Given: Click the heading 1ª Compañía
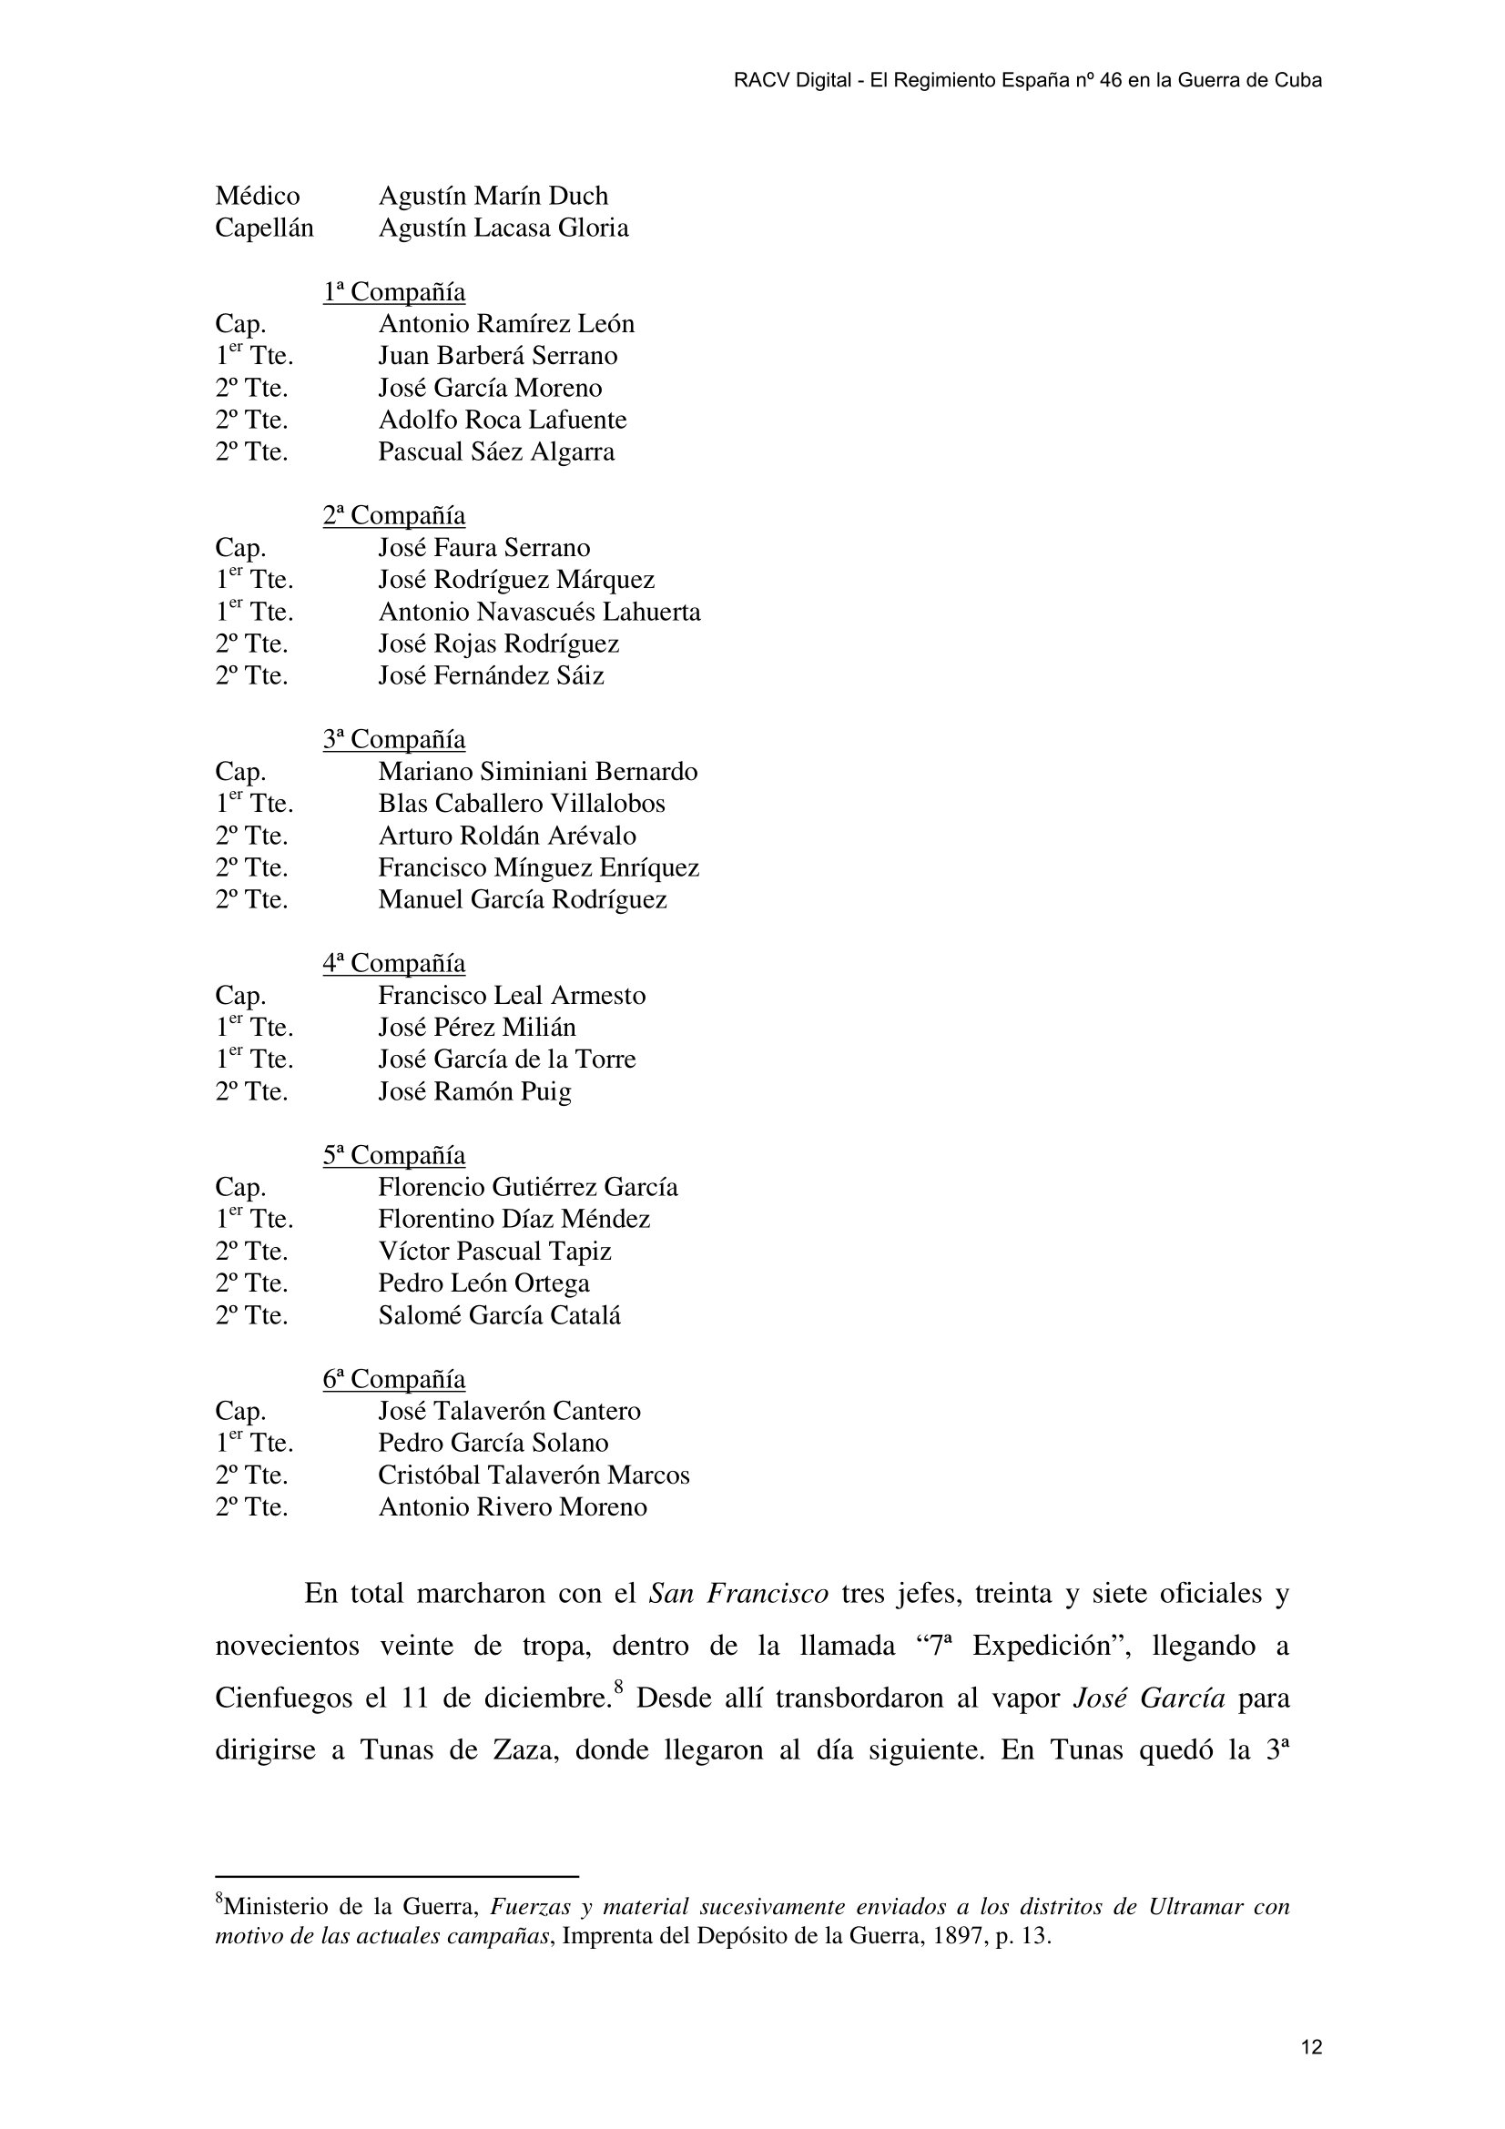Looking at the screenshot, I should (394, 292).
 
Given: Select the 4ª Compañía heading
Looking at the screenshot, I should (394, 963).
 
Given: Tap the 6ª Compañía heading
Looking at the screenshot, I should (394, 1379).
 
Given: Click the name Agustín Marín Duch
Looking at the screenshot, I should (493, 196).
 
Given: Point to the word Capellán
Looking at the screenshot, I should (264, 228).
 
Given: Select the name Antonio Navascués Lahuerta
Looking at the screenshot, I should (539, 612).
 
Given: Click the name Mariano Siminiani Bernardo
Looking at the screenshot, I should (538, 772).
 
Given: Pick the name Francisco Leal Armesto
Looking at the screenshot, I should (512, 995).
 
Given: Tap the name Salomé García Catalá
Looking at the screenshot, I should (499, 1315).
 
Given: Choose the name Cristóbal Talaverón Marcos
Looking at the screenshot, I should (534, 1475).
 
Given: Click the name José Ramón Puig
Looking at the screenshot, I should (474, 1091).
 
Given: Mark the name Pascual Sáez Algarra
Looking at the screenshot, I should (496, 452).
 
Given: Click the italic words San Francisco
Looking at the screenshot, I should (738, 1593).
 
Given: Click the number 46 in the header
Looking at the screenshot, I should (1110, 81).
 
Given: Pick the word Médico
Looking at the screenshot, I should (258, 196).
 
